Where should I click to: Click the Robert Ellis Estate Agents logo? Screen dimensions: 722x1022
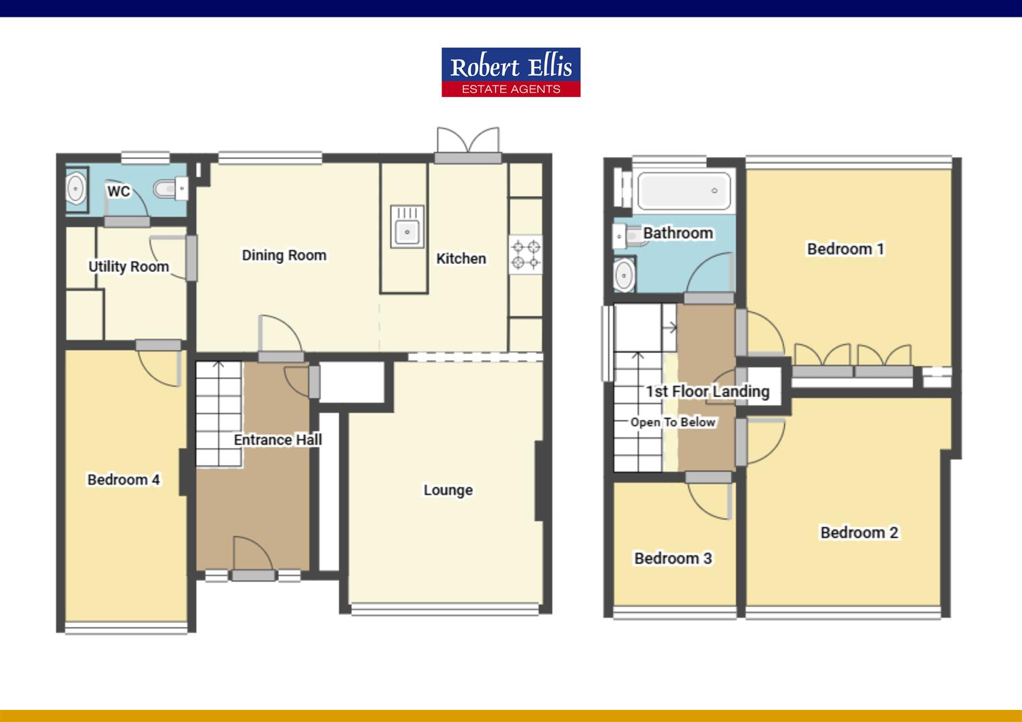510,72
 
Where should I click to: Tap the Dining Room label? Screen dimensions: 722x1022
284,255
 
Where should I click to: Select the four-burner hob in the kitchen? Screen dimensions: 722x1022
525,255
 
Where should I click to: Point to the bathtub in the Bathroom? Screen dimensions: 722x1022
684,191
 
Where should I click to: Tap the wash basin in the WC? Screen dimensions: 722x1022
76,190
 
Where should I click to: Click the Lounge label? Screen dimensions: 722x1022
447,490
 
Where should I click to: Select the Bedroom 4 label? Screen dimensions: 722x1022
123,479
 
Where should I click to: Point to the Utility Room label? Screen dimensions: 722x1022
128,267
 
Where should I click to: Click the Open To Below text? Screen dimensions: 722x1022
673,423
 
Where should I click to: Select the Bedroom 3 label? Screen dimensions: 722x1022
673,558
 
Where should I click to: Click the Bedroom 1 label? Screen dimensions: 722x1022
845,249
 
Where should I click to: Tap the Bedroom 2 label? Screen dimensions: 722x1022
859,533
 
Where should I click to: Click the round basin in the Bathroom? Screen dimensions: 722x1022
625,275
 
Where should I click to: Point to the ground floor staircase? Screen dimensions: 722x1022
219,413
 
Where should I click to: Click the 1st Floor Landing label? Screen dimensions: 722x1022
707,391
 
